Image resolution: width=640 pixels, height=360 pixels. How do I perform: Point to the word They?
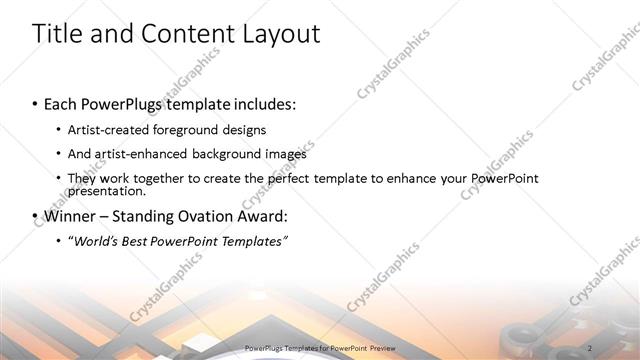click(82, 178)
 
